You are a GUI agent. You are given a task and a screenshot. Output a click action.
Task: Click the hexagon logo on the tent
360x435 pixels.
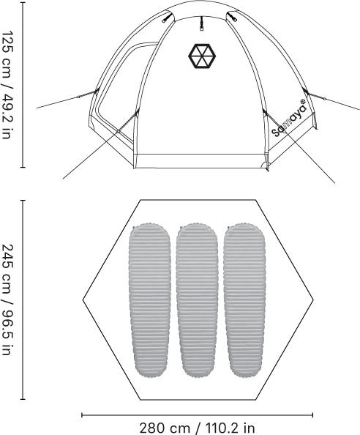(201, 56)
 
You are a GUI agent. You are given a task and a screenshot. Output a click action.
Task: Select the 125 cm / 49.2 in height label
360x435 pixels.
(8, 84)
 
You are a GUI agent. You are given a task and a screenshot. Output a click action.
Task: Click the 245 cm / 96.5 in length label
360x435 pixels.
(8, 300)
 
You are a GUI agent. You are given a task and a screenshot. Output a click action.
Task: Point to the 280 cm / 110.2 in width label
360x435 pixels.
(197, 428)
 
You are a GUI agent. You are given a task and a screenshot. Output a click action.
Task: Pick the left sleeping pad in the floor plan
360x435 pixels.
(150, 300)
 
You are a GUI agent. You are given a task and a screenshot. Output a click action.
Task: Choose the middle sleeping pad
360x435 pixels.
(197, 300)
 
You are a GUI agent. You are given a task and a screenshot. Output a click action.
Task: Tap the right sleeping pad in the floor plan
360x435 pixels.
(244, 300)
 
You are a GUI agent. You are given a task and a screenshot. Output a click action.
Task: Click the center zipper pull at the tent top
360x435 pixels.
(202, 24)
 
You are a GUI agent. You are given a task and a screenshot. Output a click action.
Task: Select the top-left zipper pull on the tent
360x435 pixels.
(165, 17)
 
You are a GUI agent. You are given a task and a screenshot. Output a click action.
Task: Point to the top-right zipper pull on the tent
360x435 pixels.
(232, 16)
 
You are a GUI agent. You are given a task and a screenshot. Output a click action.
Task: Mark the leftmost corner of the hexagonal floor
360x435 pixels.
(83, 300)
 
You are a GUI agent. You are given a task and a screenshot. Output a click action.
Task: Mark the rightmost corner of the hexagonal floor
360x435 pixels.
(313, 300)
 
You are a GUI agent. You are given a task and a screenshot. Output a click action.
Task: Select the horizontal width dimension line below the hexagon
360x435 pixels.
(198, 415)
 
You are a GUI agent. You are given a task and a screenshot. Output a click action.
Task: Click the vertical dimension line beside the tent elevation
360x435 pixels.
(23, 85)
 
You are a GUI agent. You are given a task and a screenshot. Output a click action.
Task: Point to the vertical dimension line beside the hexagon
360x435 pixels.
(23, 300)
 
